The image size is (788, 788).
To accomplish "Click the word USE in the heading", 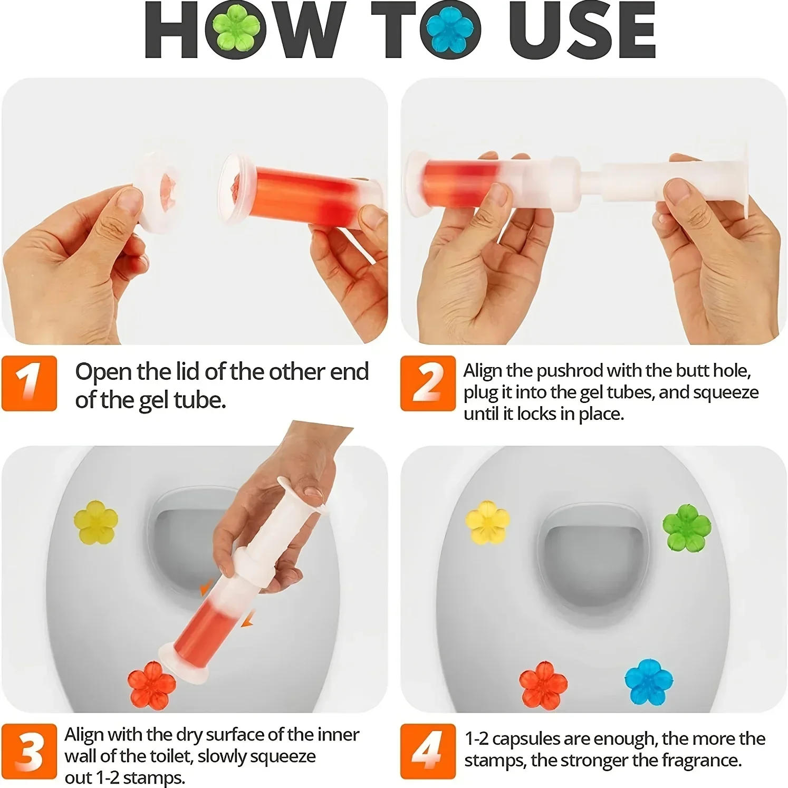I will click(x=582, y=31).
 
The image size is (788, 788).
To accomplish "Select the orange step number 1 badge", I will click(x=29, y=383).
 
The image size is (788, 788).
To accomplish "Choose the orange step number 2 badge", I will click(x=427, y=383).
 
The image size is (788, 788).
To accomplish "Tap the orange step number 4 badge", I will click(x=427, y=751).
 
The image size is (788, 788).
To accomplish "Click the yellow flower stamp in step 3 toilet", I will click(x=95, y=523).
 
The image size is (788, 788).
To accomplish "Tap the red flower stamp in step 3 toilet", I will click(x=152, y=685).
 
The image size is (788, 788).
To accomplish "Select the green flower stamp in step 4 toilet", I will click(x=686, y=527).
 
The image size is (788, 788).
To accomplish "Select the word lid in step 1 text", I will click(x=188, y=372).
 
